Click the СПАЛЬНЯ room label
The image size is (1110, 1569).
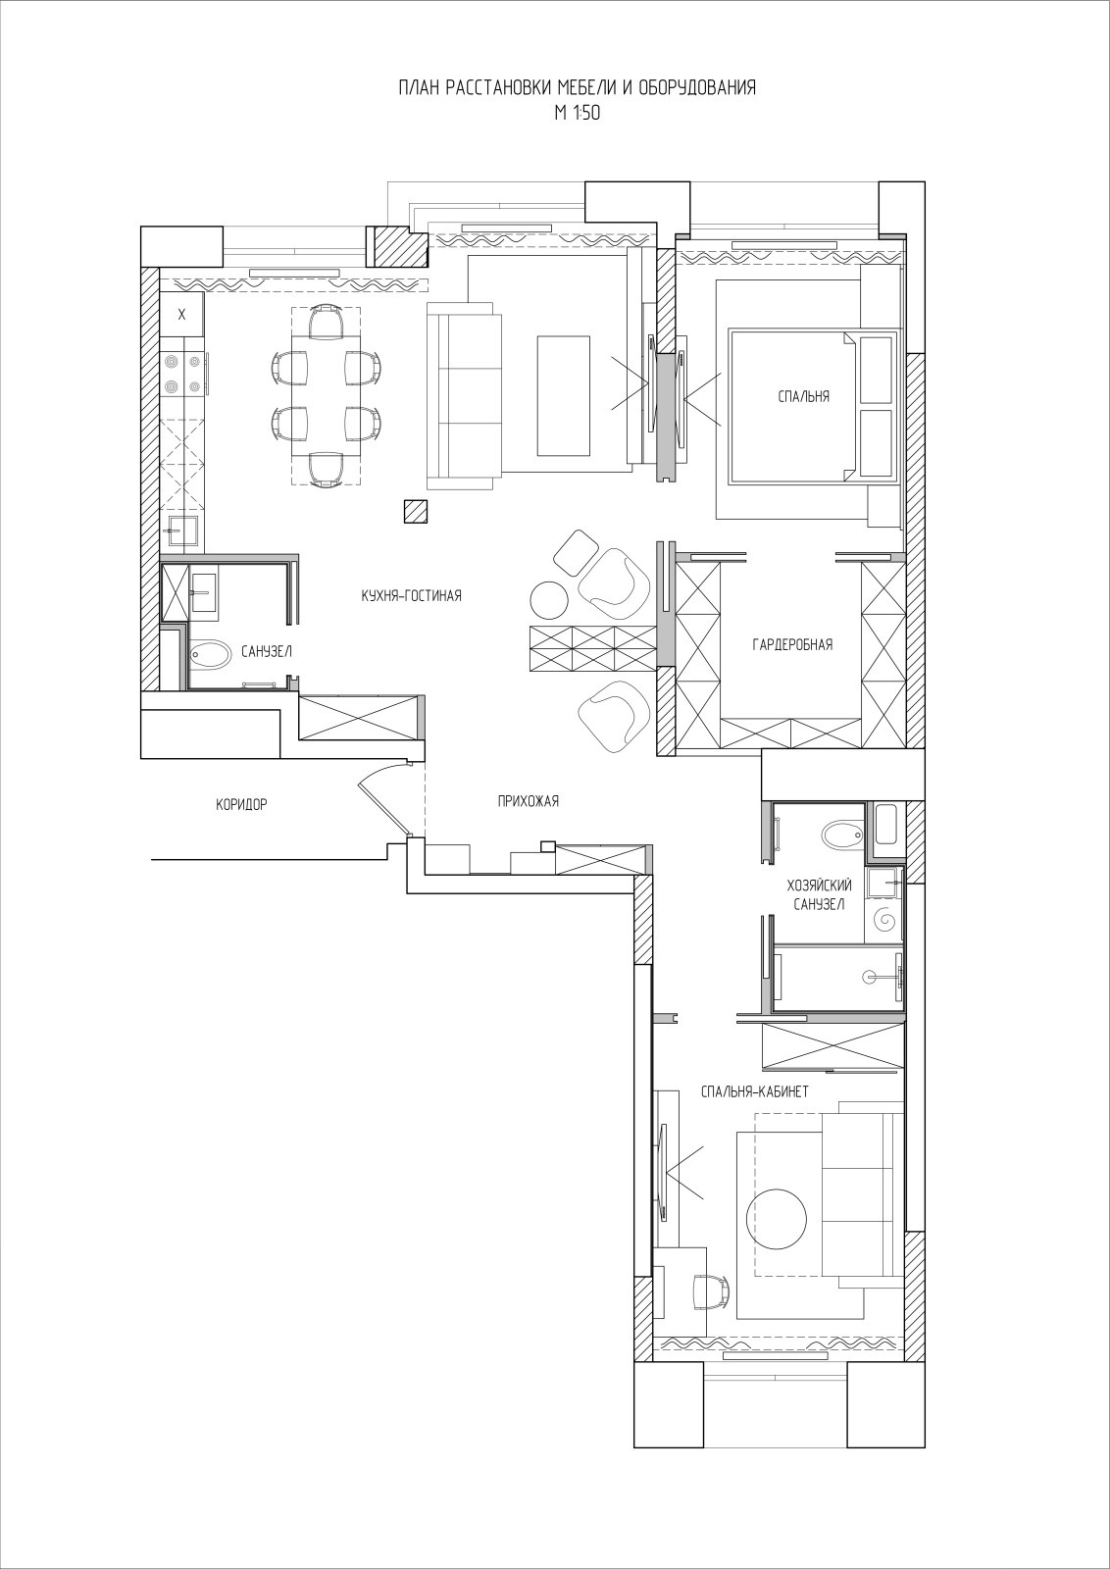[803, 396]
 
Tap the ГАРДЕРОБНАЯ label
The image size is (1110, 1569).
[792, 644]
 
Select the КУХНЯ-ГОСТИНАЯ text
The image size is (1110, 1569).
[411, 596]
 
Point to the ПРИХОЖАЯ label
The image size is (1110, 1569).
[529, 801]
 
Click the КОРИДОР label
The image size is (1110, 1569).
[241, 805]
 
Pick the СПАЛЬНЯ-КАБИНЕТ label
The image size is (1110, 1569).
[755, 1091]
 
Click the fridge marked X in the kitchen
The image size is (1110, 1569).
[182, 315]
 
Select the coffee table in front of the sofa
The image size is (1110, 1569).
[564, 395]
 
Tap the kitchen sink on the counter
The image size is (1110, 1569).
[182, 530]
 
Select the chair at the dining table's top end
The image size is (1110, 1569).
[327, 321]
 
